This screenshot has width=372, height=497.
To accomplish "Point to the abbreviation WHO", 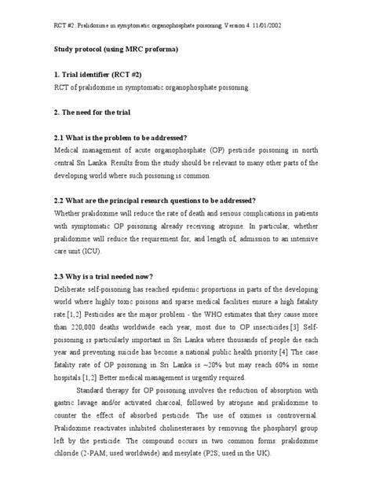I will click(x=210, y=312).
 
